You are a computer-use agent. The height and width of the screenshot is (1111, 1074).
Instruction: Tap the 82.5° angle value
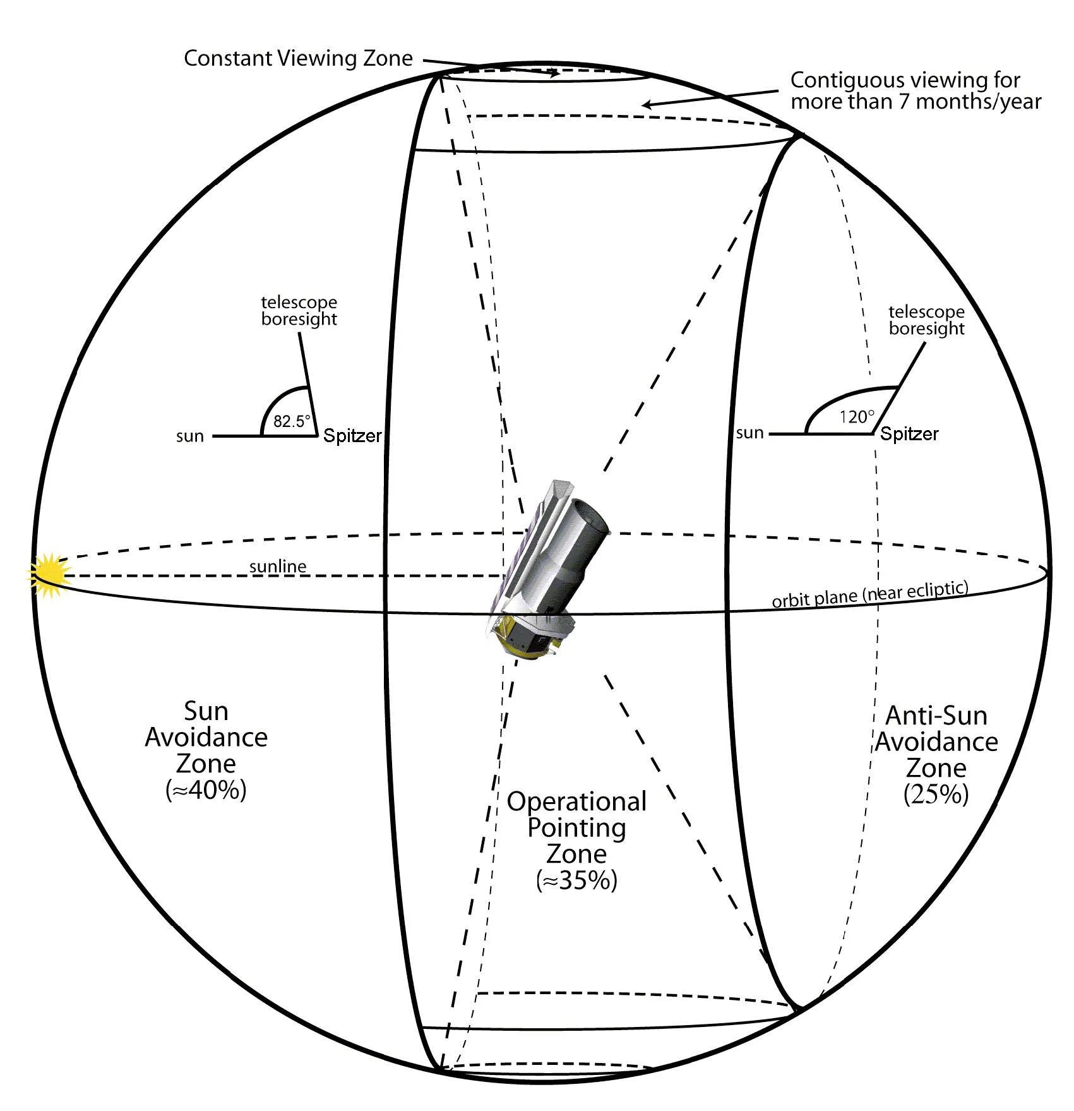(292, 421)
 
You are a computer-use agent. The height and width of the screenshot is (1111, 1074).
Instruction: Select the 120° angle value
(857, 417)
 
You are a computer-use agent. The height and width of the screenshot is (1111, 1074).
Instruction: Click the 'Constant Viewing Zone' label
(298, 59)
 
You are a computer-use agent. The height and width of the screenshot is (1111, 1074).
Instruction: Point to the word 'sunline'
(278, 567)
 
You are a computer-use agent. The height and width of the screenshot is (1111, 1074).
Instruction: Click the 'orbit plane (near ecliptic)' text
(869, 594)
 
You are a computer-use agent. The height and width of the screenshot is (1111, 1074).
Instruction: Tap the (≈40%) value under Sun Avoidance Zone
(206, 790)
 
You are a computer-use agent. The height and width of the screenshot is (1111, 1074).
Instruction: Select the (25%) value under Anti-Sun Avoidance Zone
(936, 794)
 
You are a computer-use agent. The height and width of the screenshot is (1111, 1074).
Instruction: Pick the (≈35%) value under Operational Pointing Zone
(576, 880)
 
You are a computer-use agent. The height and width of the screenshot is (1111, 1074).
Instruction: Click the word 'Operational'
(576, 802)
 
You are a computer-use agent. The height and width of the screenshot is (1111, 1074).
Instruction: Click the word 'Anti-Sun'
(936, 716)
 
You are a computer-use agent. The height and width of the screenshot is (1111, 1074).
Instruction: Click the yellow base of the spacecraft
(521, 647)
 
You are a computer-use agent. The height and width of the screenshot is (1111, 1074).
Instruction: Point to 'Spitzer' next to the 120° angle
(909, 434)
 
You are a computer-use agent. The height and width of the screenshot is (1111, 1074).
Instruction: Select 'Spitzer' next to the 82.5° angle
(352, 436)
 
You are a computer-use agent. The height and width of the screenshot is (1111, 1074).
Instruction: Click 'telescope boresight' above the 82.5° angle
(299, 311)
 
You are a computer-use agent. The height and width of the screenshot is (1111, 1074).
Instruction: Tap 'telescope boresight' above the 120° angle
(926, 320)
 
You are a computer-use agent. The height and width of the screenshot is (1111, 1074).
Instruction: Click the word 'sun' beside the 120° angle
(749, 433)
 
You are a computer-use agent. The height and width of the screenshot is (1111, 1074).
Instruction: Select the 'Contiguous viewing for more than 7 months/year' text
(915, 90)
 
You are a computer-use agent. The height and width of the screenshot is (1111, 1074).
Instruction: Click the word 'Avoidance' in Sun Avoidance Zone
(206, 737)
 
